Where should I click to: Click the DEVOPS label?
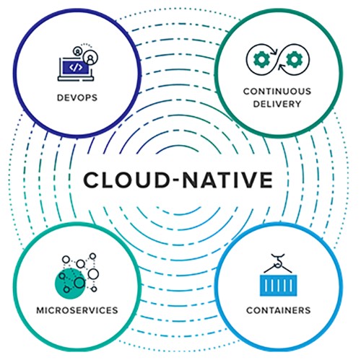click(77, 97)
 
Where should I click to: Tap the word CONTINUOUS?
click(277, 92)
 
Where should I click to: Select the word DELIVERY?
click(277, 104)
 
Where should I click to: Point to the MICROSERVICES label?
click(77, 310)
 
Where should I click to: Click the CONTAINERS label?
click(279, 310)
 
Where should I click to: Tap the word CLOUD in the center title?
click(126, 180)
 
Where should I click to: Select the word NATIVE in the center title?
click(227, 180)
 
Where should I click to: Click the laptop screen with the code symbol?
click(76, 68)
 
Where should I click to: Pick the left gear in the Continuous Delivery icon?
click(261, 59)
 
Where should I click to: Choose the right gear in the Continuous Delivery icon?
click(293, 59)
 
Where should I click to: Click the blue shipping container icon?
click(279, 286)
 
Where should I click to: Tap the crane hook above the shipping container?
click(278, 260)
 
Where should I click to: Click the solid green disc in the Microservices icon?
click(70, 284)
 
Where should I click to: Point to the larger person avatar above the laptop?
click(90, 58)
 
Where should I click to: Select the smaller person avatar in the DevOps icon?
click(77, 51)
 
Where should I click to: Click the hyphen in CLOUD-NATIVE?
click(175, 180)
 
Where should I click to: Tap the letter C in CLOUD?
click(92, 180)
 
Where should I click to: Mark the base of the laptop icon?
click(76, 79)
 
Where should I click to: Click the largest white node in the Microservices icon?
click(93, 273)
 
